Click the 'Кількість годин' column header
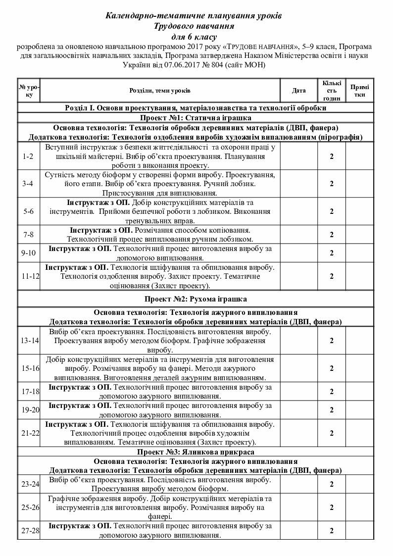(x=331, y=91)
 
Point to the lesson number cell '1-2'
(x=28, y=156)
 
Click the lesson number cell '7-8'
(x=28, y=235)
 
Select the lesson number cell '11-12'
(x=28, y=276)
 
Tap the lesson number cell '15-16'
(x=28, y=369)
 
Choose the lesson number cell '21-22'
(x=28, y=433)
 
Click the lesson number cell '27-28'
(x=28, y=530)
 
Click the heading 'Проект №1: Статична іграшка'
(x=196, y=118)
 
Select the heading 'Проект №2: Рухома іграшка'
(x=196, y=299)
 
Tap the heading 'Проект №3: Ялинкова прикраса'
(x=196, y=452)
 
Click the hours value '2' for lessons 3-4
(x=332, y=184)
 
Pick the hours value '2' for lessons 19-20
(x=332, y=410)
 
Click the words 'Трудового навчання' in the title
(x=194, y=26)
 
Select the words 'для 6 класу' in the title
(x=194, y=37)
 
